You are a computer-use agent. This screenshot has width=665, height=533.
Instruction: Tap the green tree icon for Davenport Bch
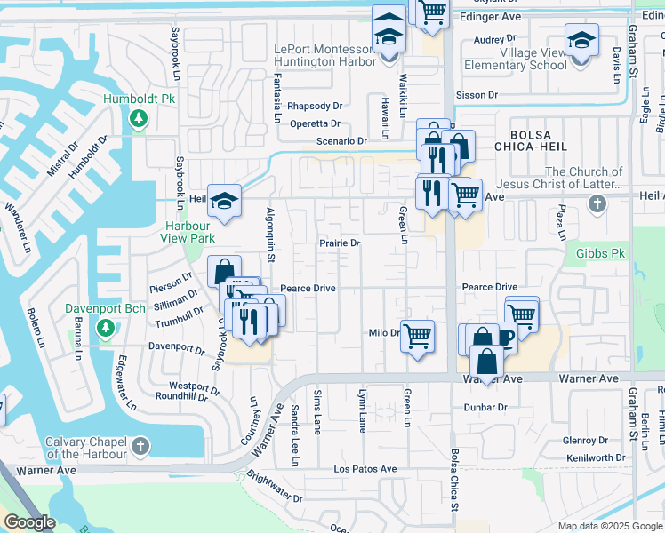pyautogui.click(x=105, y=330)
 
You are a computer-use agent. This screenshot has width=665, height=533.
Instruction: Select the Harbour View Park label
pyautogui.click(x=189, y=232)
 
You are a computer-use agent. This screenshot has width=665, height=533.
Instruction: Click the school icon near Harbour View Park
pyautogui.click(x=225, y=202)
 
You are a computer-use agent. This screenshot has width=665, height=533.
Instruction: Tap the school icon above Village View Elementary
pyautogui.click(x=581, y=41)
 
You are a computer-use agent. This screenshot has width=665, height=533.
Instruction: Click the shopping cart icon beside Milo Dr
pyautogui.click(x=417, y=336)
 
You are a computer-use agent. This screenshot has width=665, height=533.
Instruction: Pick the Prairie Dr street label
pyautogui.click(x=340, y=243)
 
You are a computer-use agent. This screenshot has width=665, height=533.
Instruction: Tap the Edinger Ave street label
pyautogui.click(x=488, y=17)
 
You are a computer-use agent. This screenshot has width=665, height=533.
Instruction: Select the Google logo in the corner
pyautogui.click(x=29, y=521)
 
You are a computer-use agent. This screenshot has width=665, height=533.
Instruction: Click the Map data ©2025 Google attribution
pyautogui.click(x=610, y=526)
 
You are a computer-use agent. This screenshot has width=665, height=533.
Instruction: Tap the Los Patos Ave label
pyautogui.click(x=365, y=468)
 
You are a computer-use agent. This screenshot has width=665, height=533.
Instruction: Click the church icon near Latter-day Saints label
pyautogui.click(x=596, y=205)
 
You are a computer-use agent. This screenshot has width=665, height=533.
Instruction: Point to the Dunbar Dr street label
pyautogui.click(x=485, y=407)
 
